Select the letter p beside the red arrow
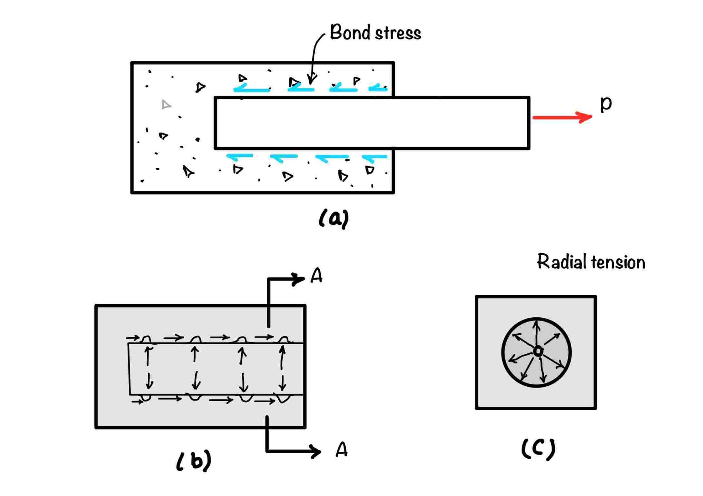606,103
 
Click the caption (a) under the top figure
333,218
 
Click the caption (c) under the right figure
538,449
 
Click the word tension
618,262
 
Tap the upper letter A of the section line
316,275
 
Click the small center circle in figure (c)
538,351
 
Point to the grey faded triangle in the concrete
166,104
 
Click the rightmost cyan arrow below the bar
374,157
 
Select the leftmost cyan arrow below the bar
239,156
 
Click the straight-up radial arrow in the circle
537,331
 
